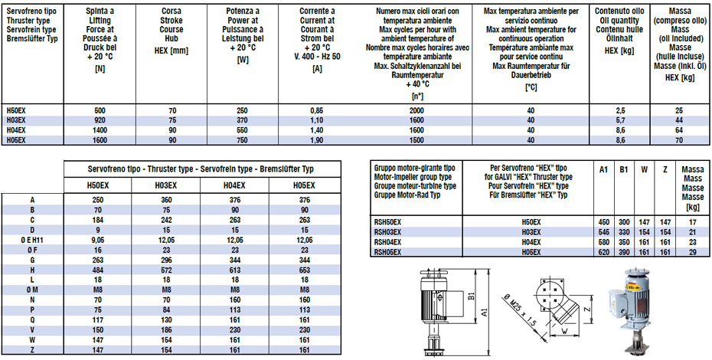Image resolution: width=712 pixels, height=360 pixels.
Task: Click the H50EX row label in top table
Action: pos(16,111)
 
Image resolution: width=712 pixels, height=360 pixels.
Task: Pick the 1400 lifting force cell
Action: pos(100,131)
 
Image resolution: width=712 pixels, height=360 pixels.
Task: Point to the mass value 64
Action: pos(678,131)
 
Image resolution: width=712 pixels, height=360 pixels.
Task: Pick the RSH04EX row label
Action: pos(387,240)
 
